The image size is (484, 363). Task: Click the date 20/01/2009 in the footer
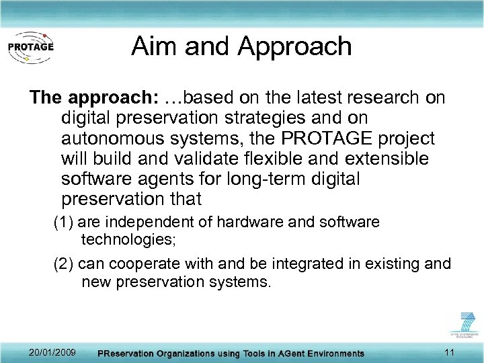click(52, 352)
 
